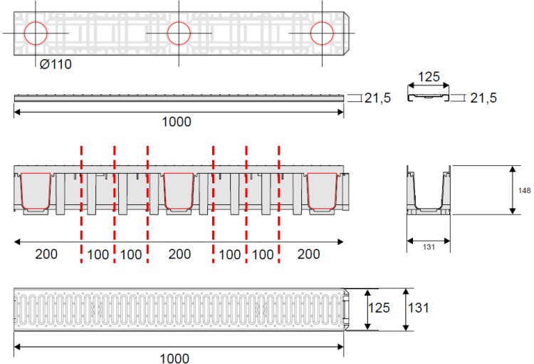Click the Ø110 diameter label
click(x=56, y=64)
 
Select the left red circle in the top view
click(x=36, y=33)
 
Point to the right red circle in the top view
click(x=322, y=33)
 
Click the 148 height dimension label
click(x=523, y=190)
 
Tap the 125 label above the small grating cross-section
click(x=428, y=76)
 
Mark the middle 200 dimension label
click(x=179, y=254)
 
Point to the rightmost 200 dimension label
click(x=308, y=254)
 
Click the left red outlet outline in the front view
click(x=36, y=192)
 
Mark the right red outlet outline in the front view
click(x=322, y=192)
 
